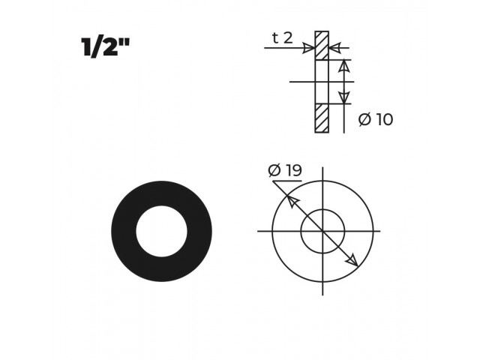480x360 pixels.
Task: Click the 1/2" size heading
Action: [106, 47]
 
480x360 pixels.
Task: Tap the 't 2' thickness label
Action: [282, 38]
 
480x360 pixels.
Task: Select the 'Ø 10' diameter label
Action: [376, 119]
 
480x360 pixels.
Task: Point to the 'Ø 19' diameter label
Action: [285, 170]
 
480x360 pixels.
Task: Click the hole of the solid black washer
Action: [162, 231]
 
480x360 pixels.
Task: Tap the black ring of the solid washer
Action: [124, 231]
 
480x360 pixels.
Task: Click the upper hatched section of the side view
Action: [322, 45]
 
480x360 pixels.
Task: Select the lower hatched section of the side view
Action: [322, 118]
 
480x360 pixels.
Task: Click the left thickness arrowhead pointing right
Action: [308, 48]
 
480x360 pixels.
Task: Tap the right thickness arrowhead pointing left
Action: [335, 48]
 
